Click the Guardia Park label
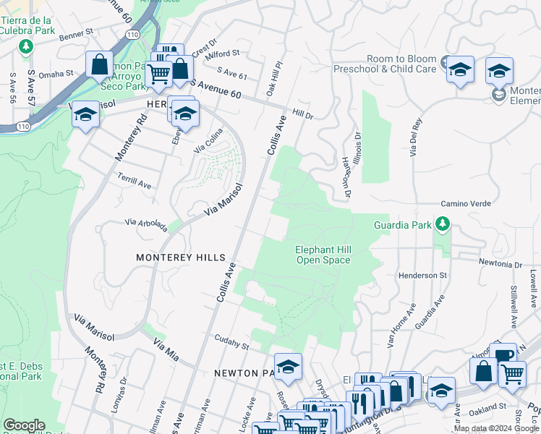pyautogui.click(x=402, y=225)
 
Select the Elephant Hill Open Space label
pyautogui.click(x=323, y=255)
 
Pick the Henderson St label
pyautogui.click(x=422, y=276)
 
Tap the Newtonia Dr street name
pyautogui.click(x=500, y=264)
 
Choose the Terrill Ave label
pyautogui.click(x=135, y=181)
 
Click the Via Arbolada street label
pyautogui.click(x=146, y=226)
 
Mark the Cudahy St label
pyautogui.click(x=231, y=338)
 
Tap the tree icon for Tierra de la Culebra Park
pyautogui.click(x=27, y=47)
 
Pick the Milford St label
pyautogui.click(x=223, y=54)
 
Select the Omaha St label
pyautogui.click(x=56, y=73)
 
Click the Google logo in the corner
pyautogui.click(x=23, y=425)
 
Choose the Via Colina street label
pyautogui.click(x=208, y=145)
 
